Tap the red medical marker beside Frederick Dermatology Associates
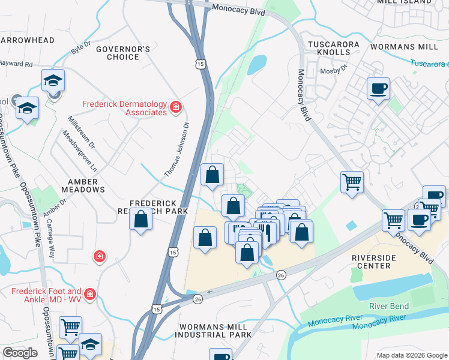(176, 107)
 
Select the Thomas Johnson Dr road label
(178, 149)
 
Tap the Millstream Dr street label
(81, 131)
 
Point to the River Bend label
(389, 306)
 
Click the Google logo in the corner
(20, 353)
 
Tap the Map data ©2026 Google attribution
(411, 355)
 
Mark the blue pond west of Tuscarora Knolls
(256, 63)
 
